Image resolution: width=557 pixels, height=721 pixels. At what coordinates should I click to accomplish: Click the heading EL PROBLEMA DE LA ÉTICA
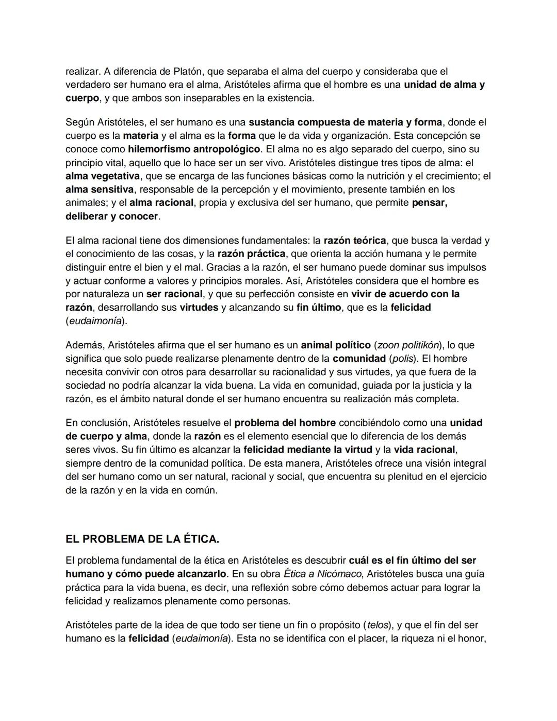[142, 539]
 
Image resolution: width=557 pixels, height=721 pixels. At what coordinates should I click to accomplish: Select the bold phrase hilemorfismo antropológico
[194, 149]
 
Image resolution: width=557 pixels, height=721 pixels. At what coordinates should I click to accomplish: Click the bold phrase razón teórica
[354, 241]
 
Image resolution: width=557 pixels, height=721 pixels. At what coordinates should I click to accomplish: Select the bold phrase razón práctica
[251, 254]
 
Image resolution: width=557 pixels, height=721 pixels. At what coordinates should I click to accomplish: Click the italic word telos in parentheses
[377, 625]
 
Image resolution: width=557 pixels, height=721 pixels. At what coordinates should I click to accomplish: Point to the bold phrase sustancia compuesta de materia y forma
[345, 122]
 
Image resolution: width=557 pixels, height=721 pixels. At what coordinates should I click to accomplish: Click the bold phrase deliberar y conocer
[111, 216]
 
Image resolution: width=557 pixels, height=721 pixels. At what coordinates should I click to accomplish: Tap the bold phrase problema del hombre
[285, 423]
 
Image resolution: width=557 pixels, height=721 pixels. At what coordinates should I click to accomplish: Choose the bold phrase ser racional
[174, 294]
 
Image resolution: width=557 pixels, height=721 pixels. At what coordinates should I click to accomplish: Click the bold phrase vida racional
[424, 450]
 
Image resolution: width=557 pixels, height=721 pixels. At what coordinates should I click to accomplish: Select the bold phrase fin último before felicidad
[319, 308]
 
